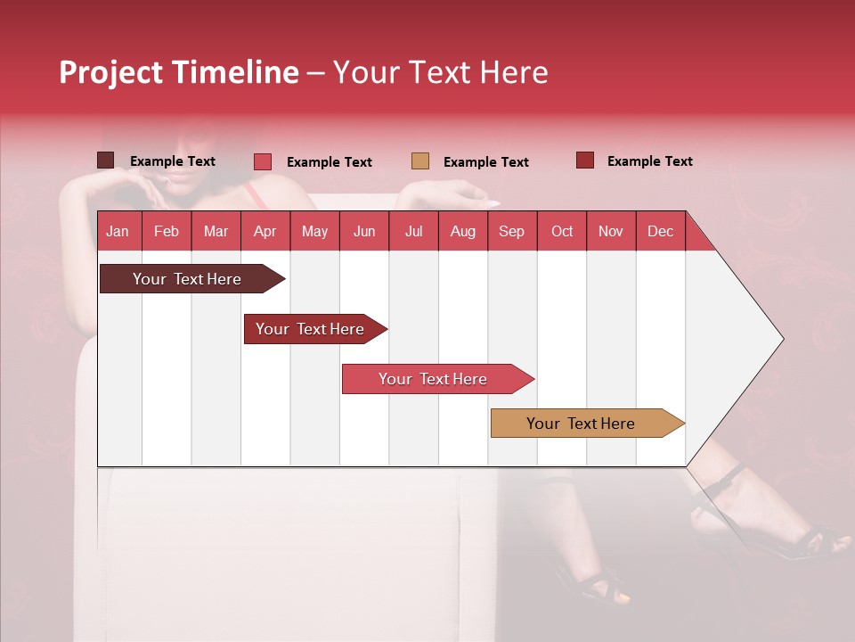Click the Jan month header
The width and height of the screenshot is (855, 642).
tap(118, 231)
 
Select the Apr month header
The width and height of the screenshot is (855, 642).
tap(265, 231)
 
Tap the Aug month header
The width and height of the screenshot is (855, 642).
tap(462, 231)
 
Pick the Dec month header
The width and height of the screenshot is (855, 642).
tap(660, 231)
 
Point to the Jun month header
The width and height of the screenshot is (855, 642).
tap(363, 231)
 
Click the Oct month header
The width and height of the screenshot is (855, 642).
tap(561, 231)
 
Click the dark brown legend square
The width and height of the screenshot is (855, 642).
tap(105, 160)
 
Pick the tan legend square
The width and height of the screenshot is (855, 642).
tap(420, 161)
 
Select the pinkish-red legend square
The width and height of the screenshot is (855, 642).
tap(263, 161)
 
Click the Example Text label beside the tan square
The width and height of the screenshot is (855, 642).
tap(485, 162)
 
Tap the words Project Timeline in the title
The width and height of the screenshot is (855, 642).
tap(178, 72)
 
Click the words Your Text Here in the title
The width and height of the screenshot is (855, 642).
tap(440, 72)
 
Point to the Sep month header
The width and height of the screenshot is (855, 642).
tap(511, 231)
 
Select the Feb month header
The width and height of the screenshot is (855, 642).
tap(167, 231)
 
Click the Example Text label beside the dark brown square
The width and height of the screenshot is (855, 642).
tap(172, 161)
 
